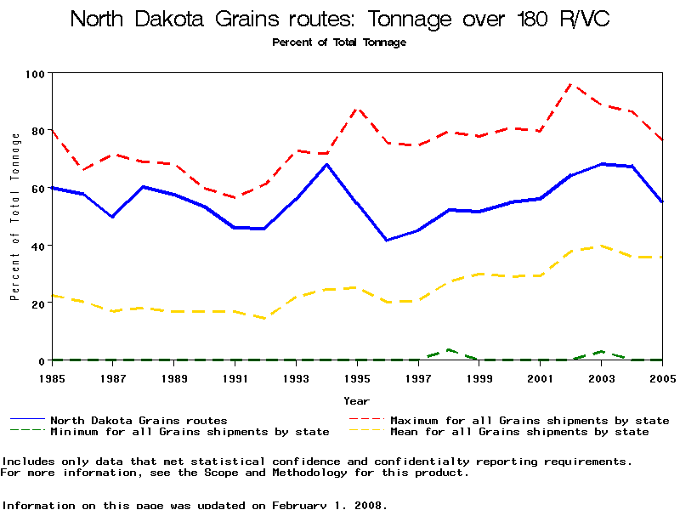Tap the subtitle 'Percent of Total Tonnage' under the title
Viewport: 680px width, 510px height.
(x=339, y=42)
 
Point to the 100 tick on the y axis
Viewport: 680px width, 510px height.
(x=37, y=74)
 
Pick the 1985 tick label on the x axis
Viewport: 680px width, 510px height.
(x=53, y=377)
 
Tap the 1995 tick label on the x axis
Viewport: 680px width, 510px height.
(x=358, y=377)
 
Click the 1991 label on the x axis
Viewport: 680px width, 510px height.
(x=235, y=377)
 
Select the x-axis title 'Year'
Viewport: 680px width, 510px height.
(x=357, y=400)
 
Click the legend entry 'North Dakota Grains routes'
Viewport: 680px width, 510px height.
(x=139, y=420)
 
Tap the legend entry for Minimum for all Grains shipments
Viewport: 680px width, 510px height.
(x=190, y=432)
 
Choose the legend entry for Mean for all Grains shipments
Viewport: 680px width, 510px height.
(x=519, y=432)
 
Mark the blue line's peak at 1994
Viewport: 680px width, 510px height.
(x=327, y=164)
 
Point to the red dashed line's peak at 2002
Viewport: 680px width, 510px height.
(x=571, y=84)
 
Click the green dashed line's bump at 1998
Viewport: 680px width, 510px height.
(x=449, y=349)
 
